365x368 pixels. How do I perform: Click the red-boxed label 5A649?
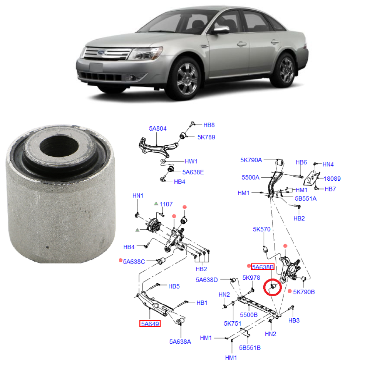tap(150, 324)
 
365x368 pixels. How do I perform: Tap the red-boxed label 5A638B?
tap(263, 267)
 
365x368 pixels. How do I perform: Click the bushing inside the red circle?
tap(273, 287)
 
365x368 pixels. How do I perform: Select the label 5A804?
tap(158, 129)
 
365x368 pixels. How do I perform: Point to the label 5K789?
tap(206, 137)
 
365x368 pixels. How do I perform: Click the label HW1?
tap(191, 161)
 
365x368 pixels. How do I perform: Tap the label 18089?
tap(332, 179)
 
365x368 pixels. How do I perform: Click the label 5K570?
tap(262, 230)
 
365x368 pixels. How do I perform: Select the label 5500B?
tap(249, 315)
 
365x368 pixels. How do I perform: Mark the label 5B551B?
tap(250, 347)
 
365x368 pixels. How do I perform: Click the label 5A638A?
tap(180, 342)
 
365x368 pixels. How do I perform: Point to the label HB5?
tap(174, 286)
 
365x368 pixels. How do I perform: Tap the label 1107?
tap(166, 204)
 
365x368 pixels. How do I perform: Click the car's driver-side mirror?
tap(221, 30)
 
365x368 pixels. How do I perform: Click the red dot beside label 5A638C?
tap(120, 260)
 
